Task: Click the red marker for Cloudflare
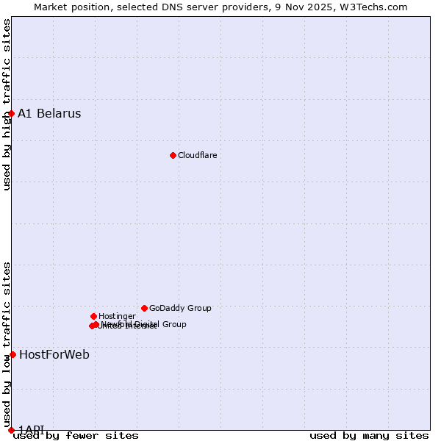pyautogui.click(x=173, y=155)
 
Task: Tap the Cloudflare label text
pyautogui.click(x=198, y=156)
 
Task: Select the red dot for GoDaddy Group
pyautogui.click(x=144, y=308)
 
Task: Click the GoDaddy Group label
pyautogui.click(x=180, y=309)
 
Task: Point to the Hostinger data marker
pyautogui.click(x=93, y=316)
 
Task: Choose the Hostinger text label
pyautogui.click(x=117, y=317)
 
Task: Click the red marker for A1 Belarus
pyautogui.click(x=11, y=113)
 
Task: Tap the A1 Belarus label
pyautogui.click(x=49, y=114)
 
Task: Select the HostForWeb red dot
pyautogui.click(x=12, y=354)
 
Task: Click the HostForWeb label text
pyautogui.click(x=54, y=355)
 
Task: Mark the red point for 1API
pyautogui.click(x=11, y=430)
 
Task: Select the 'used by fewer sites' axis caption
pyautogui.click(x=76, y=436)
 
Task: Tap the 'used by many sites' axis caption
pyautogui.click(x=369, y=436)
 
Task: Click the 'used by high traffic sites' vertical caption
pyautogui.click(x=7, y=104)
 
